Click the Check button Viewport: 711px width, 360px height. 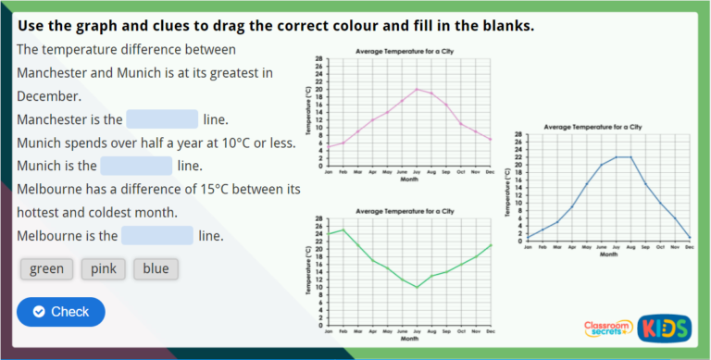(x=60, y=312)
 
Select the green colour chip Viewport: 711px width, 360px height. (x=46, y=269)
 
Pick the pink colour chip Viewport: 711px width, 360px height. (x=103, y=269)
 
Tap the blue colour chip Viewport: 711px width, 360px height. (x=156, y=269)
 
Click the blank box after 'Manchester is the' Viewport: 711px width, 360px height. (x=162, y=119)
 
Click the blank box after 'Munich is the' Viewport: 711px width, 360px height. (x=136, y=166)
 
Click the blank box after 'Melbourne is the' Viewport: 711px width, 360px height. (x=156, y=235)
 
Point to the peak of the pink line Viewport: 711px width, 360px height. (x=417, y=89)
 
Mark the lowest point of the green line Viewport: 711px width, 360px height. (x=417, y=287)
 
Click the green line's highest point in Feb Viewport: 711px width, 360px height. (x=343, y=230)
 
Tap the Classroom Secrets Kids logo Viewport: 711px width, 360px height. (x=637, y=328)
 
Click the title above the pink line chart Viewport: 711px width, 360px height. (x=405, y=51)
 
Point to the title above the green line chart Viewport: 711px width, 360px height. (x=405, y=211)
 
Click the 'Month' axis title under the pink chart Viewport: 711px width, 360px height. (x=408, y=180)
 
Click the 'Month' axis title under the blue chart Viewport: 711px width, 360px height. (x=608, y=254)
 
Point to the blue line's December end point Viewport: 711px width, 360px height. (x=690, y=238)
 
